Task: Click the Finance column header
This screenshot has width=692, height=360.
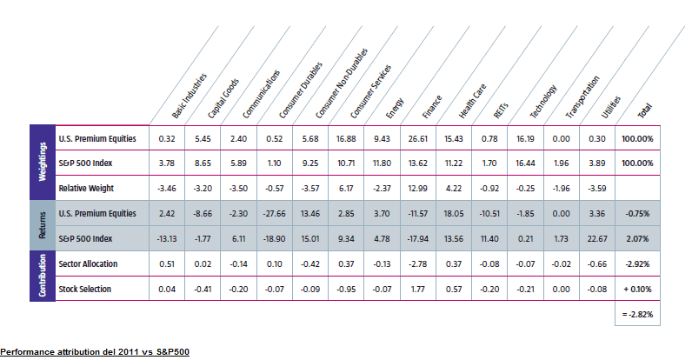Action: point(432,107)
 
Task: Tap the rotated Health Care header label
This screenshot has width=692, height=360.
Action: point(472,101)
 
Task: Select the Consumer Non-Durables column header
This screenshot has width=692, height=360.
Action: point(341,83)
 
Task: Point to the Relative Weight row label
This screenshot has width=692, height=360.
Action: point(86,189)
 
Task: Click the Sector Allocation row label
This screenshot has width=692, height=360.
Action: point(89,263)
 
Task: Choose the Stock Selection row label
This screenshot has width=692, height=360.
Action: point(84,289)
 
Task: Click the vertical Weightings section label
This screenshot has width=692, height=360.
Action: point(43,162)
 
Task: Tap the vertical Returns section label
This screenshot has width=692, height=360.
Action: point(43,225)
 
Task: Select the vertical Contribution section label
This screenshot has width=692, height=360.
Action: point(43,276)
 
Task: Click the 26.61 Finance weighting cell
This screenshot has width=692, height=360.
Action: point(418,138)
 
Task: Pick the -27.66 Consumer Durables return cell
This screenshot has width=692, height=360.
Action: point(275,214)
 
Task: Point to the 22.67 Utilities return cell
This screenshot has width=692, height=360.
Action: point(597,238)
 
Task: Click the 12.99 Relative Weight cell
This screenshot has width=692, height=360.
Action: point(418,189)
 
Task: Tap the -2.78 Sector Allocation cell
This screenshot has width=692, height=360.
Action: point(418,263)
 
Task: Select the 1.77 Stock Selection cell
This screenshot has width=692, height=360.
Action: point(418,289)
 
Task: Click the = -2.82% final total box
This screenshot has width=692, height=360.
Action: point(638,314)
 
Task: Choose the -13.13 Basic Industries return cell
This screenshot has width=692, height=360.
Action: point(167,238)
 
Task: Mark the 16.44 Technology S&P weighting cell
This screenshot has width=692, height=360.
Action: point(526,163)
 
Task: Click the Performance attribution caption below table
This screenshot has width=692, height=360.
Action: point(95,352)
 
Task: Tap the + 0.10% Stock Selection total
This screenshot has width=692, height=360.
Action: point(638,289)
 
